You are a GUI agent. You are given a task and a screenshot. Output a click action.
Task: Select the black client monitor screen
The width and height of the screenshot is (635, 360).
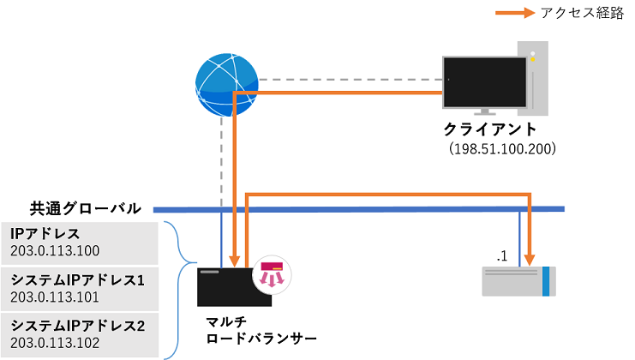click(484, 82)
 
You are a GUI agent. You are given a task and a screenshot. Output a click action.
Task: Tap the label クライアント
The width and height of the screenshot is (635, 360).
click(490, 129)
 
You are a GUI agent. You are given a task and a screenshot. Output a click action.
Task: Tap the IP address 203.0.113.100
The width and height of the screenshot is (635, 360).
click(56, 251)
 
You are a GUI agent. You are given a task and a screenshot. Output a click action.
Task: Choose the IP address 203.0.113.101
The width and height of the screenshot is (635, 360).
click(56, 297)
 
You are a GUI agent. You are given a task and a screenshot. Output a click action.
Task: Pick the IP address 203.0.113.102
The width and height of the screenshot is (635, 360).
click(56, 343)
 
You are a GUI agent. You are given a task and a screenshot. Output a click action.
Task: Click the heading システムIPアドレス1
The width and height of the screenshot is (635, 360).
click(78, 279)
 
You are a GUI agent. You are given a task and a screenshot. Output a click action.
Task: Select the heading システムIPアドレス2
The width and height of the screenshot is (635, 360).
click(78, 326)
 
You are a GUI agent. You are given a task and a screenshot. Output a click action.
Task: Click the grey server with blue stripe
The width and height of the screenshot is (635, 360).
click(518, 281)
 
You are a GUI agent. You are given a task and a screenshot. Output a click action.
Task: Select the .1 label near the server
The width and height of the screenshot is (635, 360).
click(503, 255)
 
